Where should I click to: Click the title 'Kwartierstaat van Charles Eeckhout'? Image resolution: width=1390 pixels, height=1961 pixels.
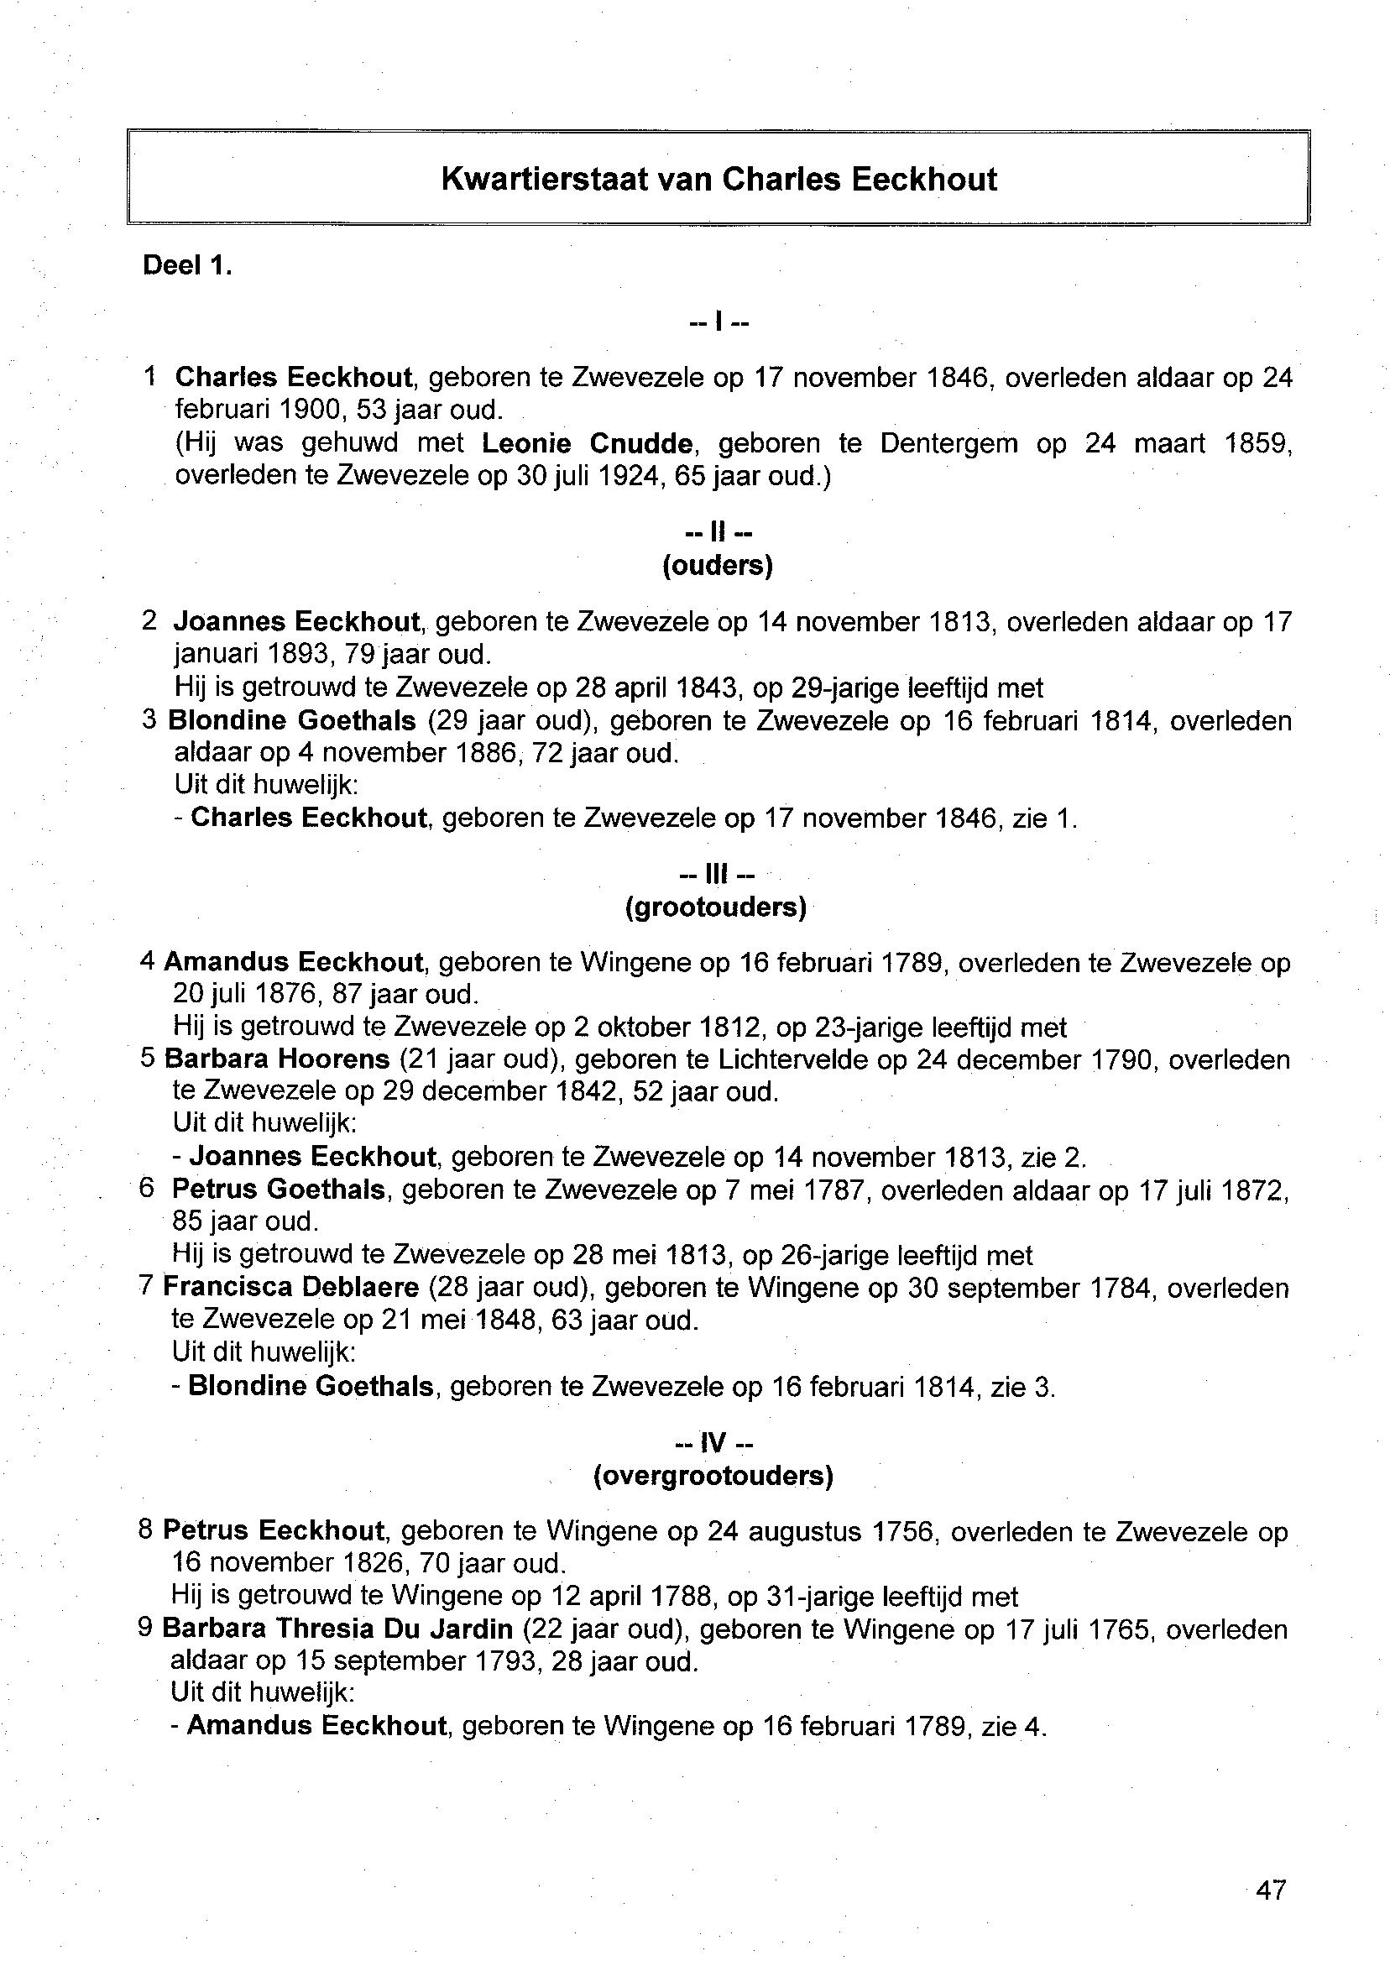[719, 179]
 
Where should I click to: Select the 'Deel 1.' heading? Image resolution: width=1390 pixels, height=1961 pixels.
[187, 265]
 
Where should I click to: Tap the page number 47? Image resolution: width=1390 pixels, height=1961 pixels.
[1271, 1889]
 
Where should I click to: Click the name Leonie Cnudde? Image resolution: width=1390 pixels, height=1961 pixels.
[588, 443]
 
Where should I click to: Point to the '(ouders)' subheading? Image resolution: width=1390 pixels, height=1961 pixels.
[718, 566]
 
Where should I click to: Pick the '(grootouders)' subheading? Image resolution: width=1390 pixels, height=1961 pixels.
[715, 907]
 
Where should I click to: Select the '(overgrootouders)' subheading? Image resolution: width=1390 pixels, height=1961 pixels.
[713, 1476]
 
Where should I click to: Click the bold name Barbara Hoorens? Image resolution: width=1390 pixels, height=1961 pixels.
[276, 1059]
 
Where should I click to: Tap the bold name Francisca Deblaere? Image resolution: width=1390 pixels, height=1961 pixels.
[291, 1287]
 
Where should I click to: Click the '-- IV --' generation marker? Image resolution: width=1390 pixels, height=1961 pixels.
[713, 1443]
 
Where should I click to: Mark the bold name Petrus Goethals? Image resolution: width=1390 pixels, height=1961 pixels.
[278, 1189]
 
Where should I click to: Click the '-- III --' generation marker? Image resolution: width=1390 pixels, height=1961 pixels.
[715, 875]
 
